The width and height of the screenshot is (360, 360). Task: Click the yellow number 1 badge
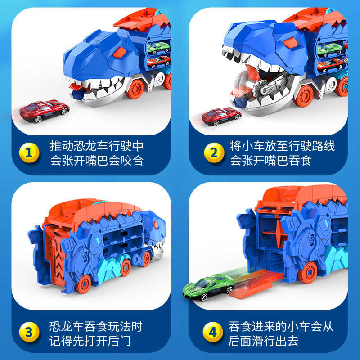coord(28,153)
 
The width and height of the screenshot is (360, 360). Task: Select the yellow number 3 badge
coord(28,333)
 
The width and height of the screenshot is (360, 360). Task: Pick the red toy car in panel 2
coord(221,116)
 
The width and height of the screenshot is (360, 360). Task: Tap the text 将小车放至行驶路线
coord(282,147)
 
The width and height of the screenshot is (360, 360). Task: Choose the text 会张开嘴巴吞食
coord(271,161)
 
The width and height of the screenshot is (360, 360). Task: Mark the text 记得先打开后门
coord(90,341)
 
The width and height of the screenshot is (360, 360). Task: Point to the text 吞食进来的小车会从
coord(282,326)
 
